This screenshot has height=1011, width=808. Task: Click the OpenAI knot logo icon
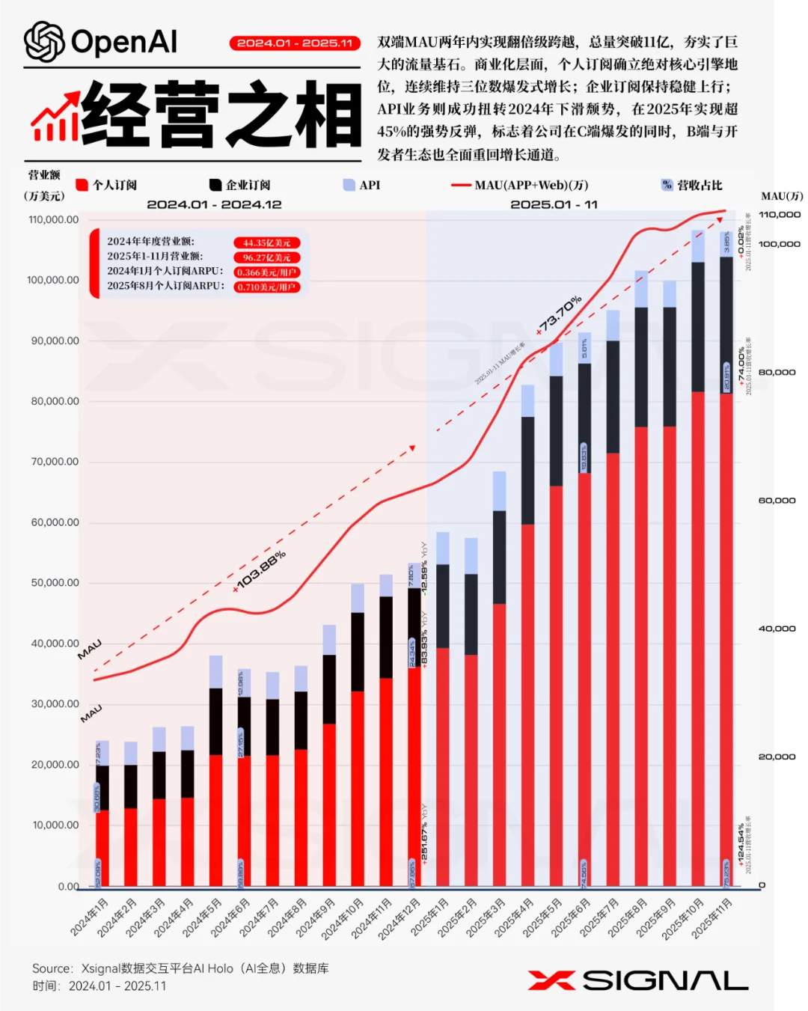click(x=44, y=42)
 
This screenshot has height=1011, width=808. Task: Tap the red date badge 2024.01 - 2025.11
click(x=295, y=43)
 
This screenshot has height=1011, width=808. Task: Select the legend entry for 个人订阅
click(x=107, y=185)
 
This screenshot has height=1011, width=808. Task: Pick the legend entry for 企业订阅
click(x=240, y=185)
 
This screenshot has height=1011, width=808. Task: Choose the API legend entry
click(x=362, y=185)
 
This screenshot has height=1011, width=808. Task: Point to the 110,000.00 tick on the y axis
click(x=53, y=220)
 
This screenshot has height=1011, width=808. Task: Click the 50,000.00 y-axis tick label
click(x=55, y=583)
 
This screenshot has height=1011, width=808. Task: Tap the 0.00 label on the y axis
click(x=68, y=887)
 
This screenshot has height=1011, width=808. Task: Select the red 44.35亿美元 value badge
click(x=266, y=242)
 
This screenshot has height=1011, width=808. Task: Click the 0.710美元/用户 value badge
click(x=266, y=287)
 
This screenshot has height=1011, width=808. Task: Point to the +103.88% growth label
click(x=259, y=572)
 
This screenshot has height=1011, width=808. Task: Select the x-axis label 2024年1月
click(x=90, y=917)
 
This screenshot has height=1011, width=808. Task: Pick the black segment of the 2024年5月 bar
click(x=215, y=721)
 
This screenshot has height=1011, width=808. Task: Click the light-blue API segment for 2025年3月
click(x=499, y=491)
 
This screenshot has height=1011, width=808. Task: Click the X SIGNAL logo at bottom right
click(x=637, y=980)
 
